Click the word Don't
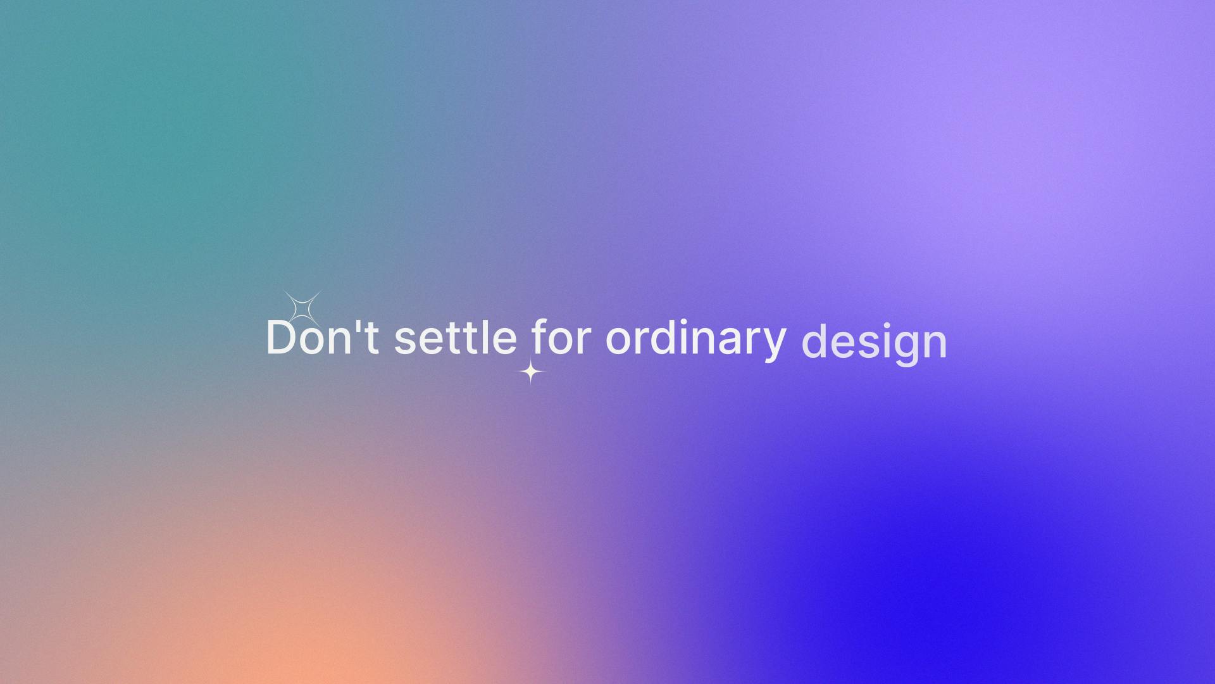[x=323, y=337]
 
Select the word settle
[x=456, y=337]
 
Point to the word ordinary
[x=696, y=339]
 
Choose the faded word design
[x=874, y=343]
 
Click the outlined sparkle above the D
[x=302, y=309]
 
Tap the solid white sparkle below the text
[x=531, y=372]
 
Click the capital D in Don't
[x=282, y=337]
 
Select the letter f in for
[x=540, y=336]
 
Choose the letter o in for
[x=563, y=342]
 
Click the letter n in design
[x=933, y=346]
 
